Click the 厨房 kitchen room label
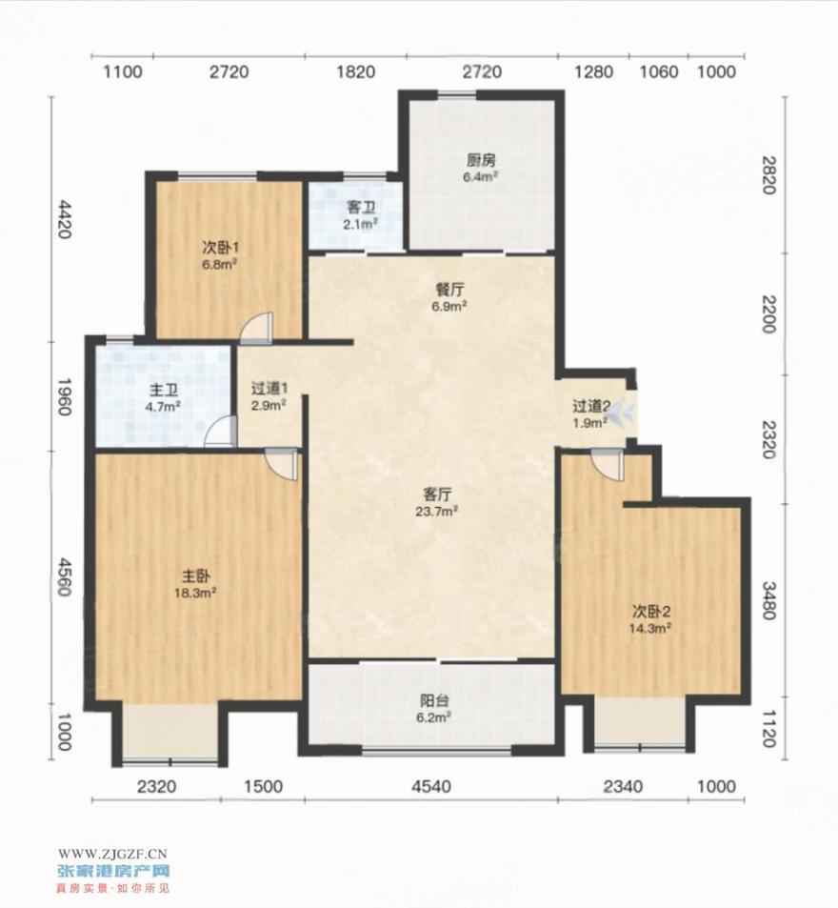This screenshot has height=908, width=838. (x=481, y=160)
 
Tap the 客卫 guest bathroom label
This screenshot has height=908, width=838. (x=361, y=207)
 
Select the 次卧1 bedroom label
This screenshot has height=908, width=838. (x=221, y=248)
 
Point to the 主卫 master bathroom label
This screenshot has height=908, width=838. (x=163, y=389)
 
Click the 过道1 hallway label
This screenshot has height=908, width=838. (x=269, y=388)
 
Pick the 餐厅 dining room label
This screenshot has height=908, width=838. (x=449, y=289)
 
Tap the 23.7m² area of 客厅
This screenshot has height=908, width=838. (x=437, y=512)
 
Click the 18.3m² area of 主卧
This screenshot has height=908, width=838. (x=195, y=593)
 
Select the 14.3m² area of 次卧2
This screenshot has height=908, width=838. (x=650, y=628)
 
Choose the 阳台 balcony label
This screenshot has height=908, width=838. (x=434, y=700)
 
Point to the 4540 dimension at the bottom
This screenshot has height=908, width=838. (x=430, y=786)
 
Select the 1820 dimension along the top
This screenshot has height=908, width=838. (x=355, y=71)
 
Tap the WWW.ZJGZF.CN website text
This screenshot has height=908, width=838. (x=112, y=853)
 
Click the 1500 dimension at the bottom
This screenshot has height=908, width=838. (x=263, y=786)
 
